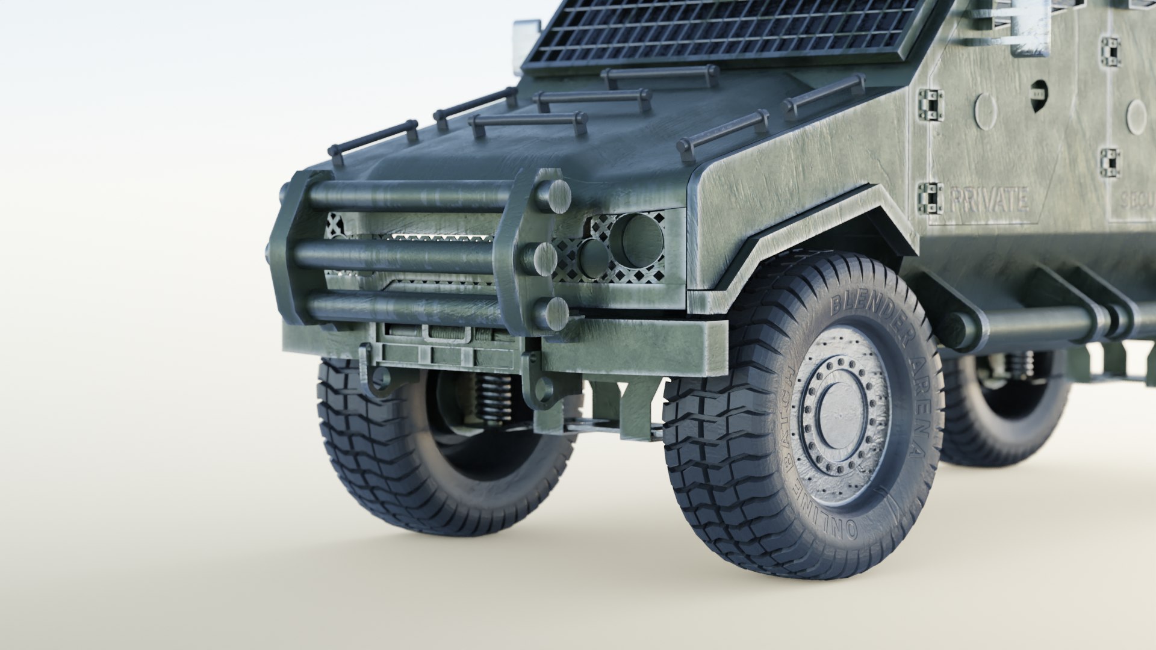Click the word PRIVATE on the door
coord(988,200)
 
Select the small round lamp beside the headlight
coord(595,255)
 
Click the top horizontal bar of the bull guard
coord(409,194)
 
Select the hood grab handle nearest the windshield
coord(661,77)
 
